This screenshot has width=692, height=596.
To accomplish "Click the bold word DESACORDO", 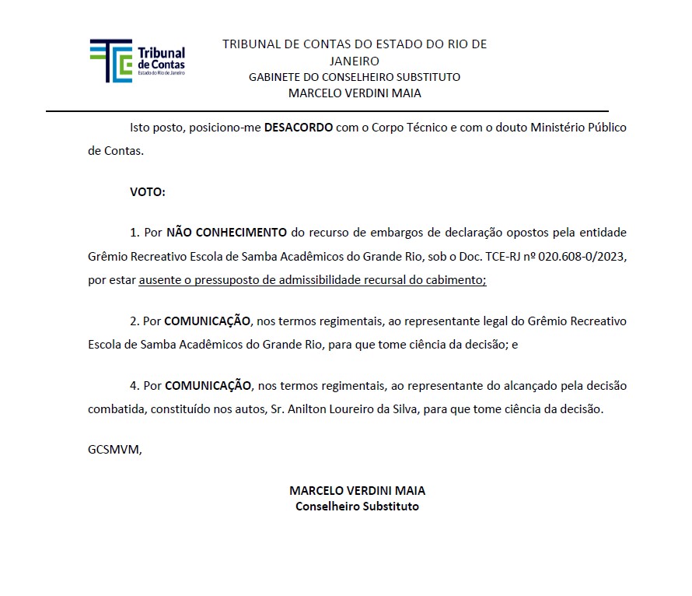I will coord(299,127).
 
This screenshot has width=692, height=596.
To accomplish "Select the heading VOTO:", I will coord(148,191).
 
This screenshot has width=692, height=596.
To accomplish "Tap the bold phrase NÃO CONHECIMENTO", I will coord(226,232).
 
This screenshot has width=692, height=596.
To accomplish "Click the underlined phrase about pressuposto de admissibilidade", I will coord(312,281).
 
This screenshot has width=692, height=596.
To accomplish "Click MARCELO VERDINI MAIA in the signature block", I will coord(357,491).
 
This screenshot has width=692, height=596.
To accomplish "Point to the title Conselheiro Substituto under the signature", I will coord(357,507).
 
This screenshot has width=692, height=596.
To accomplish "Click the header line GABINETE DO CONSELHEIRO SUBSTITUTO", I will coord(355,77).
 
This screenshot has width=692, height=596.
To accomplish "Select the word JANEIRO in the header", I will coord(355,61).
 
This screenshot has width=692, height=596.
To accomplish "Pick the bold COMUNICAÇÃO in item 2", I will coord(208,321).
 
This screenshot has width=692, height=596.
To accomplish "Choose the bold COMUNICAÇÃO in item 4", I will coord(208,385).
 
